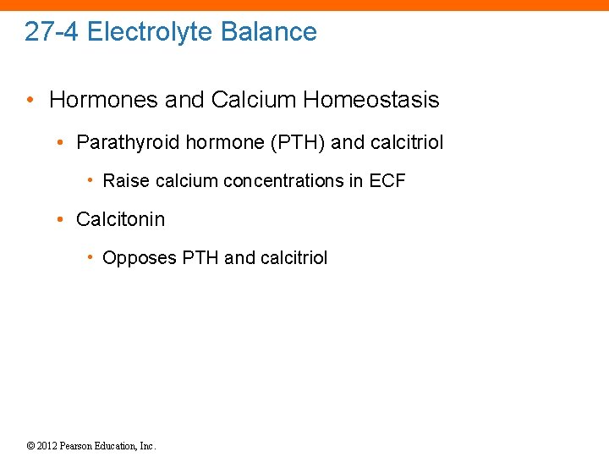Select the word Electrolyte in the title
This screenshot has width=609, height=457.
[149, 32]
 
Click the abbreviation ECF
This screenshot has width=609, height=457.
[387, 180]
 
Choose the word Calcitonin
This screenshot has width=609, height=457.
[120, 219]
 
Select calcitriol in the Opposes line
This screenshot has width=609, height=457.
[294, 258]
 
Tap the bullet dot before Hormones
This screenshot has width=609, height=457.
[30, 101]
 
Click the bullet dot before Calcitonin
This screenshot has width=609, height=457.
[60, 220]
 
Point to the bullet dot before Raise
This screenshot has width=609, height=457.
[91, 181]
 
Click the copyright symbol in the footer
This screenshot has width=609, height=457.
[30, 446]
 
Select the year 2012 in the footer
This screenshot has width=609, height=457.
[47, 446]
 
